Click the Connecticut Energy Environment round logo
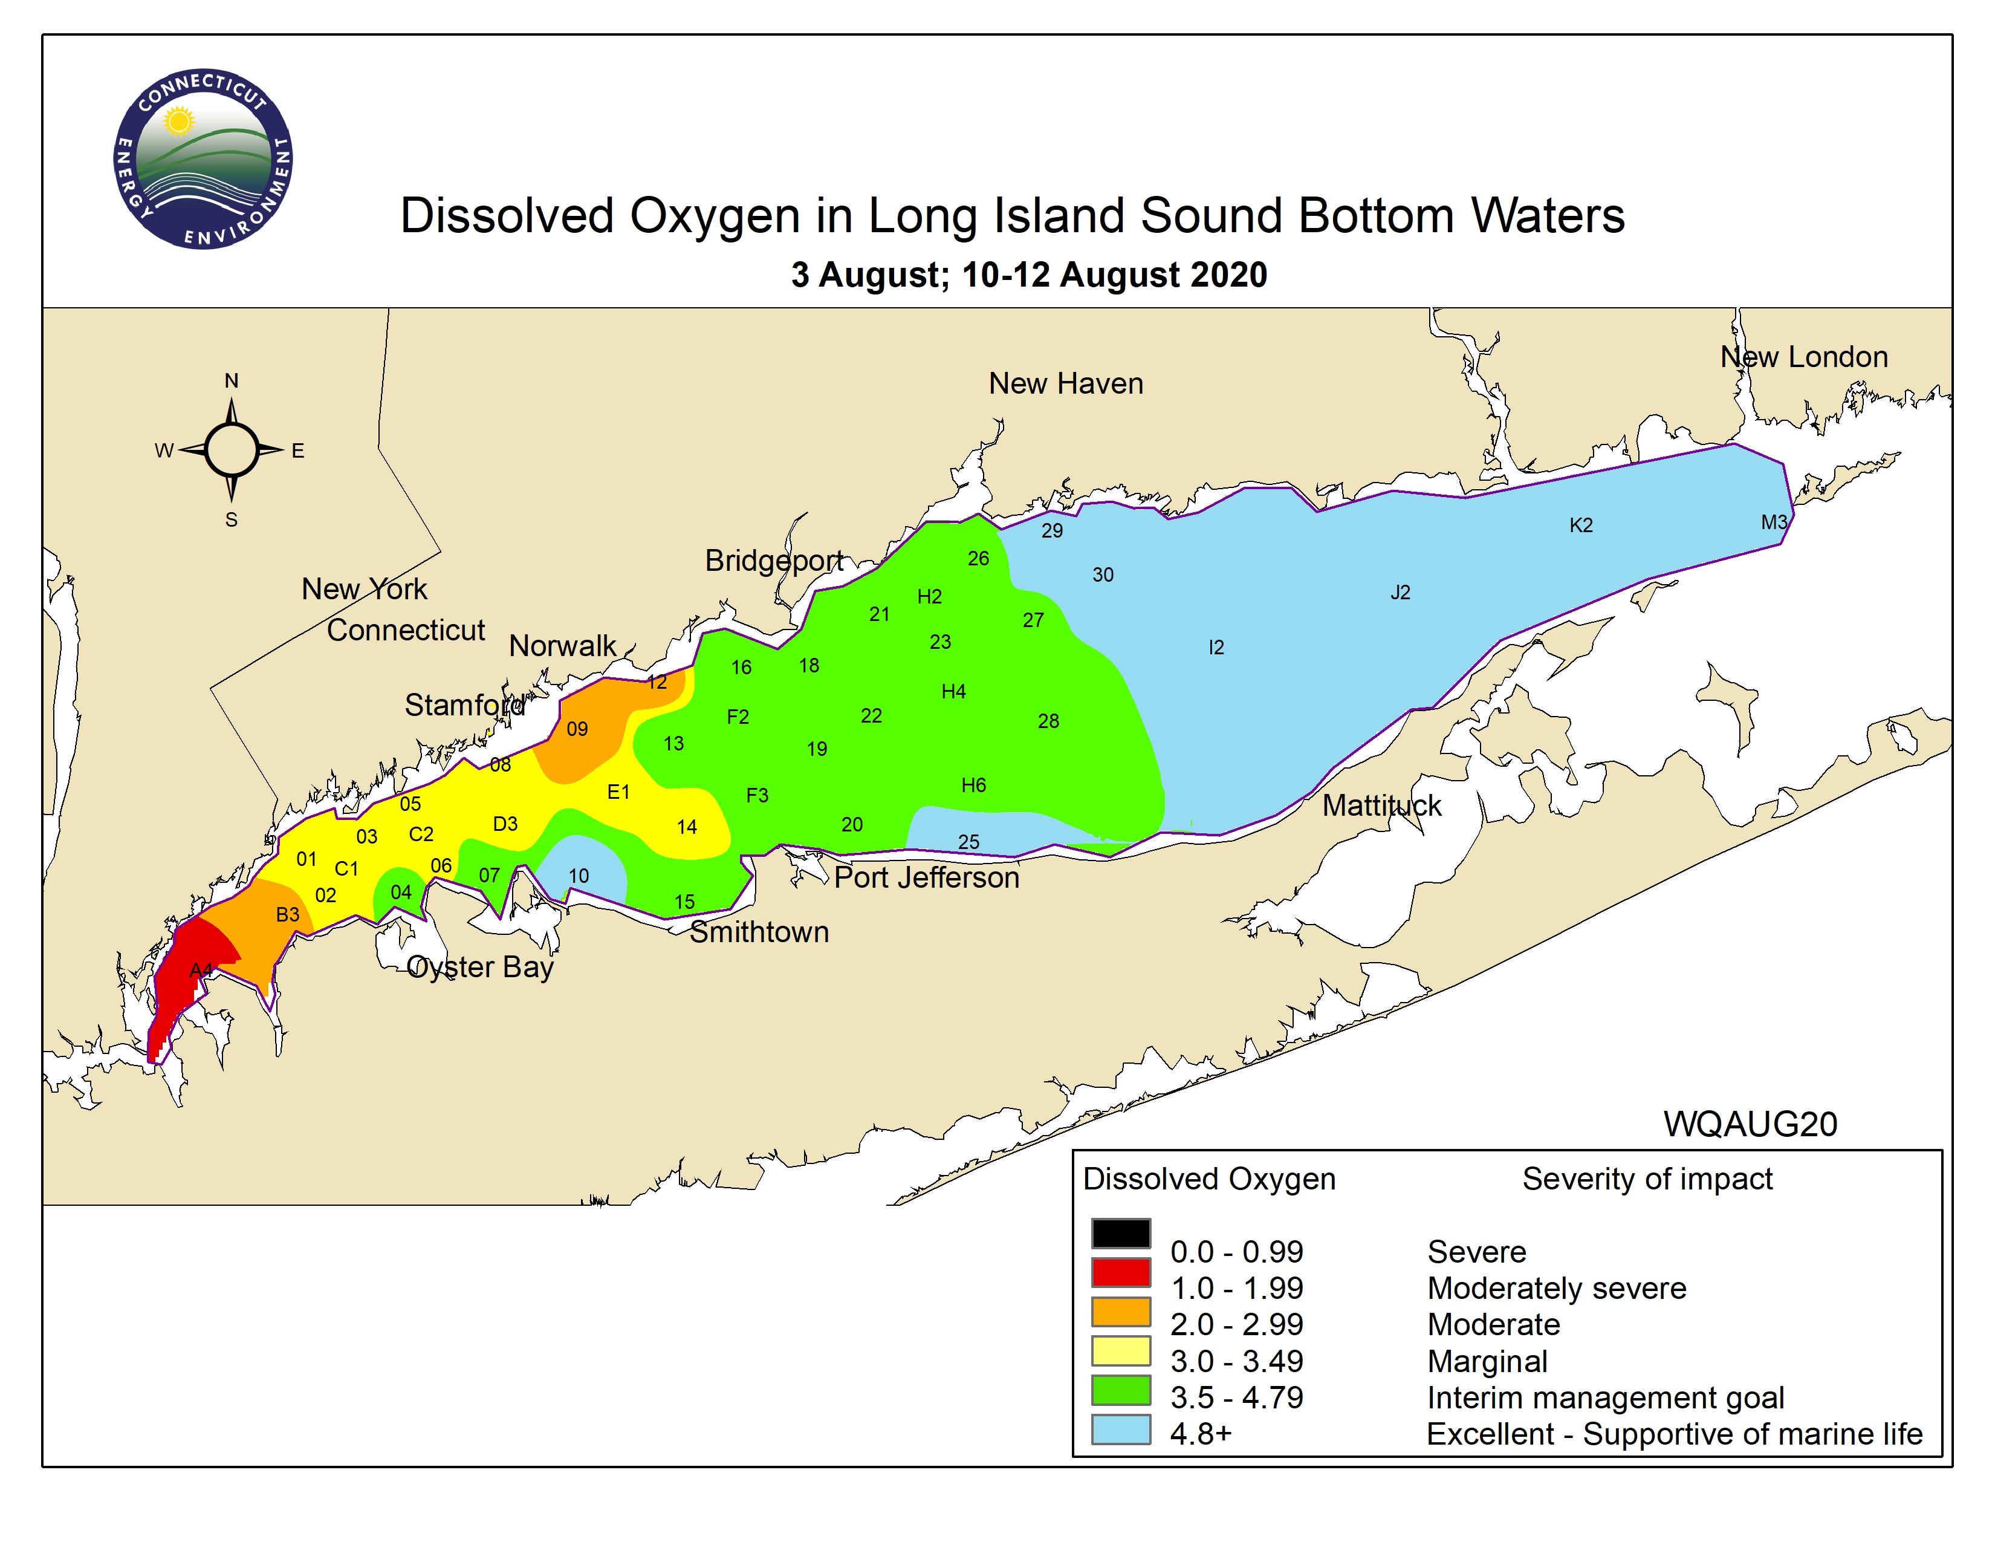[202, 158]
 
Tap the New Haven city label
[1065, 383]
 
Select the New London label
[1803, 357]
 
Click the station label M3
[1773, 522]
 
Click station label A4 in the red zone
[201, 969]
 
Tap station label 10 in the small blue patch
[578, 876]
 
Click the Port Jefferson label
[926, 878]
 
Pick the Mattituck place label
[1381, 805]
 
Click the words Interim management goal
[1605, 1397]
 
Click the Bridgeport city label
[774, 561]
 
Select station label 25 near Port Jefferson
[968, 841]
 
